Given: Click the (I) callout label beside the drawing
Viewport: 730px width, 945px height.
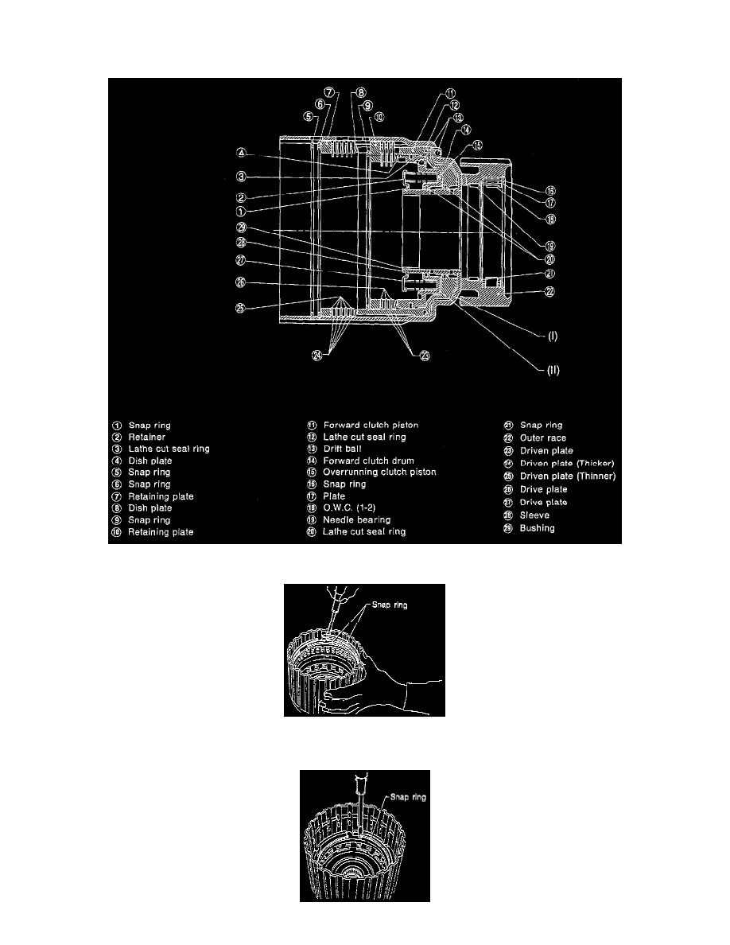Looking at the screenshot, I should pos(552,335).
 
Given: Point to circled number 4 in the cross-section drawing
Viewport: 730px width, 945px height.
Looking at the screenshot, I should pos(239,152).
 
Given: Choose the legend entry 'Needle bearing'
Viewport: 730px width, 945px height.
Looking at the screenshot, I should pos(357,519).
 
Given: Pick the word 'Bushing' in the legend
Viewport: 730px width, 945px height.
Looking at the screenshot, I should pos(537,528).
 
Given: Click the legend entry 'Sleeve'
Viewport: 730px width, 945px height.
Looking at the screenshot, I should pos(534,515).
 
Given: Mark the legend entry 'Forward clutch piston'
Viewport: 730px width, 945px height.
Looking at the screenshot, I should pos(371,425).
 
